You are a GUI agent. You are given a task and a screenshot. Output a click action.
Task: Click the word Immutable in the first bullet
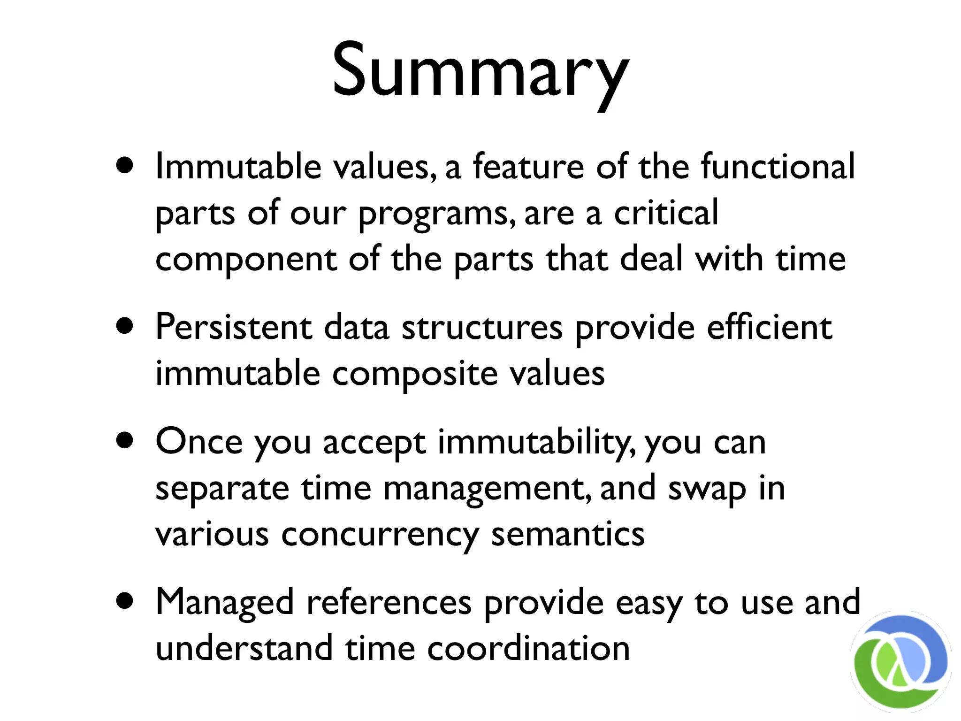pos(238,166)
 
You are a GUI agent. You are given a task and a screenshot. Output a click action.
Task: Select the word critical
pos(666,213)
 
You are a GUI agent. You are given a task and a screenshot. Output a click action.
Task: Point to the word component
pos(246,260)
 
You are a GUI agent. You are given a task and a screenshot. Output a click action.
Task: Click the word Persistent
pos(233,327)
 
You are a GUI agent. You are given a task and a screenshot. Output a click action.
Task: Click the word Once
pos(199,442)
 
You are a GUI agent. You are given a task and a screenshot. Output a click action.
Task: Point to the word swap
pos(707,489)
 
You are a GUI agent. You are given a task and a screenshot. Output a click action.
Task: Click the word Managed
pos(225,603)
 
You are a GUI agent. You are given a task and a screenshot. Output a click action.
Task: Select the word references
pos(389,603)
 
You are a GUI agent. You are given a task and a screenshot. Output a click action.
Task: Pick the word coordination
pos(528,649)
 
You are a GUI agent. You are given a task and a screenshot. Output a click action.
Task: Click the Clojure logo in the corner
pos(900,662)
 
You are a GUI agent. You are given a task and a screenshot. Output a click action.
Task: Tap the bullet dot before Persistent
pos(125,326)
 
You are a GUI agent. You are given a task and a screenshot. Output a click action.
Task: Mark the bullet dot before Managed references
pos(125,601)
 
